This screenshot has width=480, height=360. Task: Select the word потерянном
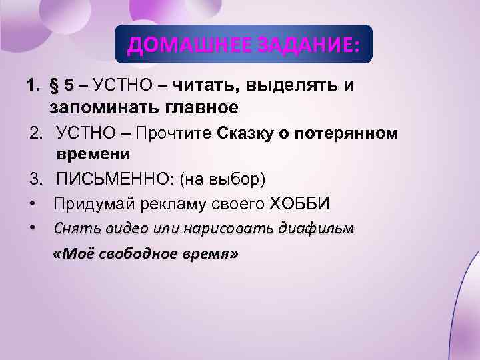tap(348, 133)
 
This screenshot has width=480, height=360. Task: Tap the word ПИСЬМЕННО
tap(111, 179)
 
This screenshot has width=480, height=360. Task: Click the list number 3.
tap(33, 179)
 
